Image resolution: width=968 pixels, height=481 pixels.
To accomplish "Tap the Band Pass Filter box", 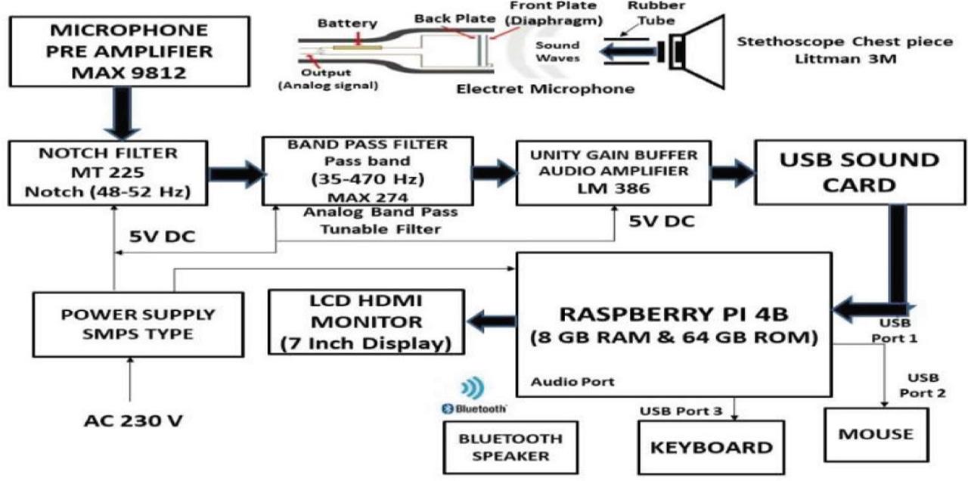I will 367,171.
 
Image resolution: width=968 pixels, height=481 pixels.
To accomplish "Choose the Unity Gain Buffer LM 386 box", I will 613,172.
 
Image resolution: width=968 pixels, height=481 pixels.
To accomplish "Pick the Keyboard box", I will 711,447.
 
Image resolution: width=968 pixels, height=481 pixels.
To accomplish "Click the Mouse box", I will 876,435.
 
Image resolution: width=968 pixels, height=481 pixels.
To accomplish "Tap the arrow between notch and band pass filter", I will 234,174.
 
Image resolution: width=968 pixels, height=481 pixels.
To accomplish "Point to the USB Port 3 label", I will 678,411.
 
